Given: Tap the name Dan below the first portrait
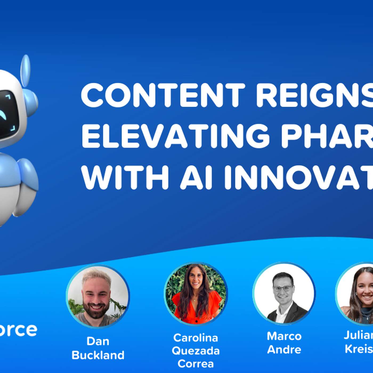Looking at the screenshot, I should [x=98, y=341].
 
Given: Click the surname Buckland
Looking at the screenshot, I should [x=98, y=355].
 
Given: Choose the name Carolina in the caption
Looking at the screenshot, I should [x=196, y=338].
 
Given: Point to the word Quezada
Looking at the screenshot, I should [x=196, y=351].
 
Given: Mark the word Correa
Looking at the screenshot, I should [x=196, y=364].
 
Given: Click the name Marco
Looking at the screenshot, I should [x=284, y=336].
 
